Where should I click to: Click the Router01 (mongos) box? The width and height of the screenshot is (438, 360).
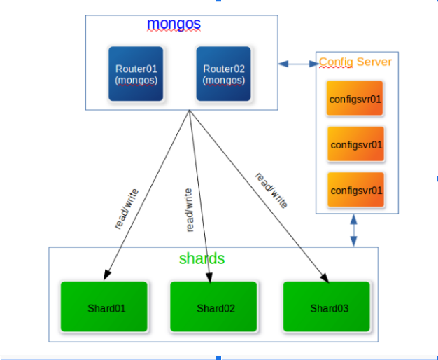click(x=136, y=75)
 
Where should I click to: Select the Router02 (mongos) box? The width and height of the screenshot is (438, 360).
click(x=224, y=75)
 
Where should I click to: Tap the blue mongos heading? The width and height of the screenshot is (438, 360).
click(x=174, y=24)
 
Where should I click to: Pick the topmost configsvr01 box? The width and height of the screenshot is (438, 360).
click(x=355, y=99)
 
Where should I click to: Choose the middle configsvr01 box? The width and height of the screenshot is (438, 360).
click(x=355, y=145)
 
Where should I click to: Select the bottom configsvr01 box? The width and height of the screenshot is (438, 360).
click(x=355, y=190)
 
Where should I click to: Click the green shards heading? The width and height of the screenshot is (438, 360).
click(x=202, y=258)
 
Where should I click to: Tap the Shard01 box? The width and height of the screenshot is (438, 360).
click(x=104, y=307)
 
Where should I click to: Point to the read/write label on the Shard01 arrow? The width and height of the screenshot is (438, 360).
click(x=127, y=209)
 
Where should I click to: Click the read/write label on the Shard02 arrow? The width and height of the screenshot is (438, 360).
click(x=188, y=209)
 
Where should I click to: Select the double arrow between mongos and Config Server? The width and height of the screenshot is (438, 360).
click(x=299, y=64)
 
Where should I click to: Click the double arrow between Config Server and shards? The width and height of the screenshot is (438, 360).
click(x=354, y=230)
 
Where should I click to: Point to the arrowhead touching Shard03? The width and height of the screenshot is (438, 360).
click(x=325, y=278)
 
